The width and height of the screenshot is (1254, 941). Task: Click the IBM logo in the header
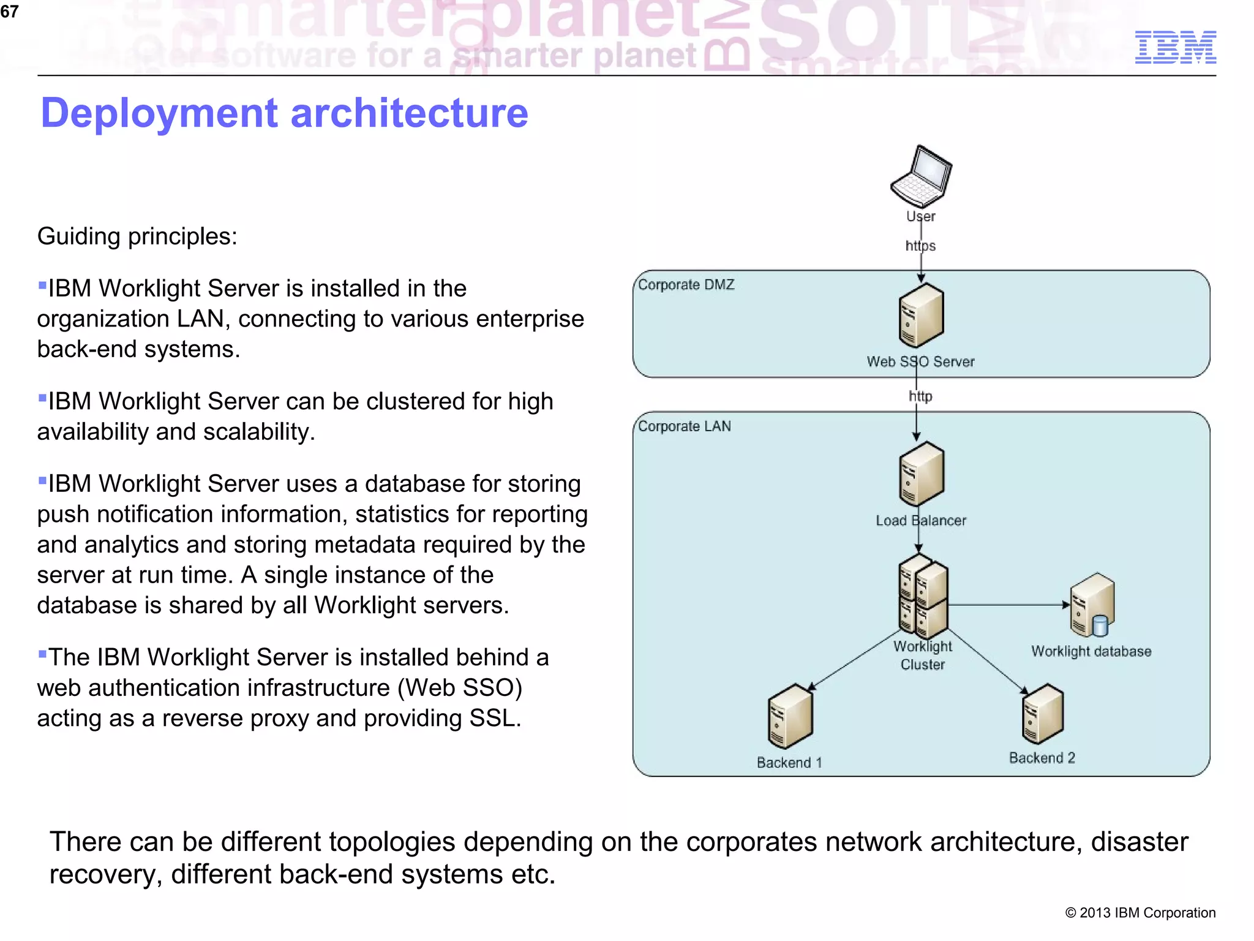point(1175,47)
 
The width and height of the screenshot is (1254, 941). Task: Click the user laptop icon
point(921,177)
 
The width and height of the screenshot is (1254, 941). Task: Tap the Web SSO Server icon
point(921,316)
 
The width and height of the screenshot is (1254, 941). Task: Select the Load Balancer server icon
point(921,474)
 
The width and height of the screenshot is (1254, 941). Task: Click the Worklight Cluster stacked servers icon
point(923,596)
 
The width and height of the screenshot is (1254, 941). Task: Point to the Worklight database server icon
point(1092,605)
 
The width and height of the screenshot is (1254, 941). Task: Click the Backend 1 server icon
point(790,716)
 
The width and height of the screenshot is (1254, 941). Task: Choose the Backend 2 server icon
point(1043,713)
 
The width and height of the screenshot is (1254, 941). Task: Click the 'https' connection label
point(920,246)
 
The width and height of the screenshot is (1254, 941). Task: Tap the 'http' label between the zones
point(920,396)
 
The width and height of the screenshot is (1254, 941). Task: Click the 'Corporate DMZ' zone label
point(686,285)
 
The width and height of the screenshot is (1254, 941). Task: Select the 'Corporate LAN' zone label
point(684,426)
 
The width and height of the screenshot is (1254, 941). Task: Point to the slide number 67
point(9,12)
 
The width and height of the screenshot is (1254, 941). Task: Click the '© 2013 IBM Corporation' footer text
point(1140,913)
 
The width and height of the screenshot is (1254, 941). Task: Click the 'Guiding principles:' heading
point(137,236)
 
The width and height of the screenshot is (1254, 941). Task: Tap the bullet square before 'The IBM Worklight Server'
point(42,654)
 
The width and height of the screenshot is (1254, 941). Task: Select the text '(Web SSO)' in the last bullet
point(459,688)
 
